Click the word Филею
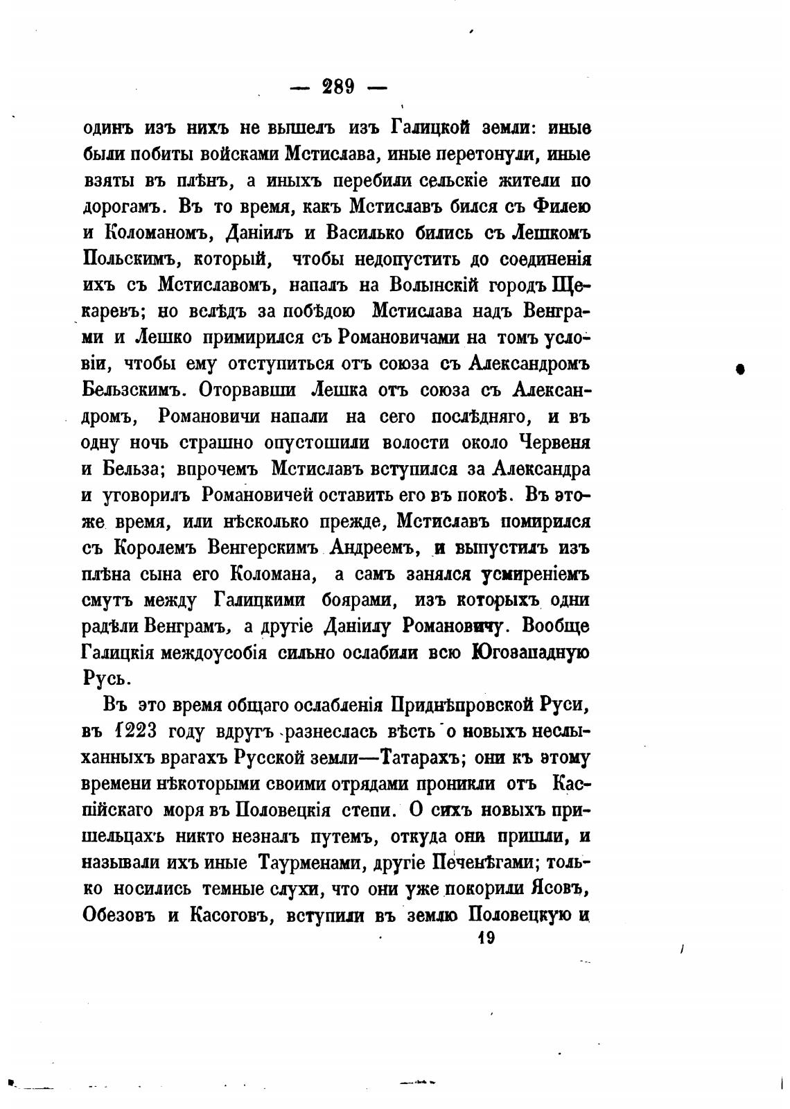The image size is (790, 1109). click(x=561, y=207)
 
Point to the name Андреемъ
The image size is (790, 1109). click(x=375, y=548)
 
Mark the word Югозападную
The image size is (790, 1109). click(x=530, y=652)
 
